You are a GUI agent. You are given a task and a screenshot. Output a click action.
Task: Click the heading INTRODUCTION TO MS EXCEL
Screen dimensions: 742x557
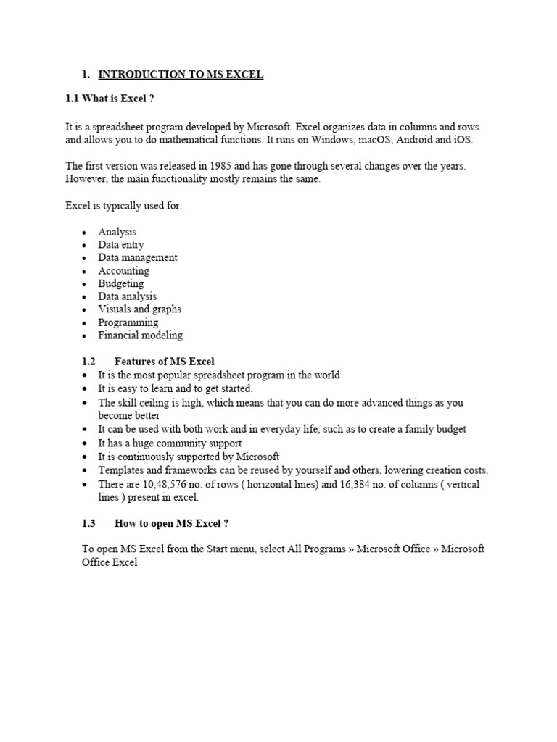(x=181, y=75)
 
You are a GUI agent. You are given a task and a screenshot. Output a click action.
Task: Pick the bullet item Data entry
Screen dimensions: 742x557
(x=121, y=245)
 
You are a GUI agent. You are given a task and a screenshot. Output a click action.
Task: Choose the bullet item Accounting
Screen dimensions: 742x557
(x=124, y=271)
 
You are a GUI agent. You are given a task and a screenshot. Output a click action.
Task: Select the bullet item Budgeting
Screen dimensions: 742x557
(x=121, y=283)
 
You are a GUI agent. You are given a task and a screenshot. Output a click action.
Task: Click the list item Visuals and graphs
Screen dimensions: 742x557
(x=140, y=309)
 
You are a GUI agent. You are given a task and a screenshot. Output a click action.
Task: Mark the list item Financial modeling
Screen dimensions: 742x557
(x=141, y=335)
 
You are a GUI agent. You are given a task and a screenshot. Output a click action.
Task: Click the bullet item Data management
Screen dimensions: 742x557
(x=138, y=257)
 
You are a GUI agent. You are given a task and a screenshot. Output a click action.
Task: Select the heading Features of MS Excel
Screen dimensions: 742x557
(x=165, y=361)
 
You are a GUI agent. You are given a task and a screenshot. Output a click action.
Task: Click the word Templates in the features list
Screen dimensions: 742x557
(x=122, y=470)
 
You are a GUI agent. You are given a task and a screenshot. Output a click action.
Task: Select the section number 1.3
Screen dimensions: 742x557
(x=89, y=523)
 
